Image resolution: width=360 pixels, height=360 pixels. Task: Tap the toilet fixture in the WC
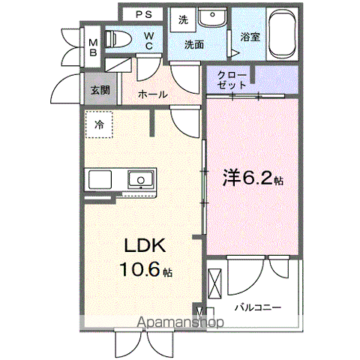pyautogui.click(x=119, y=39)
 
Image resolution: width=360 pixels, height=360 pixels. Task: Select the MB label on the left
pyautogui.click(x=94, y=46)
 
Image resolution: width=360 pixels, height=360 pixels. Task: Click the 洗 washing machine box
pyautogui.click(x=184, y=19)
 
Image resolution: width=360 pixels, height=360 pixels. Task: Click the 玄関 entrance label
pyautogui.click(x=100, y=89)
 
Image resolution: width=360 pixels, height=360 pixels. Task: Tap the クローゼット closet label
pyautogui.click(x=229, y=80)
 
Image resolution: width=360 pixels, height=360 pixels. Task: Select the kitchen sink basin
pyautogui.click(x=139, y=180)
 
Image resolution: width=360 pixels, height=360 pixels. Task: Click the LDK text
pyautogui.click(x=139, y=247)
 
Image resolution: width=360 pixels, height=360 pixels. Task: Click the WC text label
pyautogui.click(x=148, y=40)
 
